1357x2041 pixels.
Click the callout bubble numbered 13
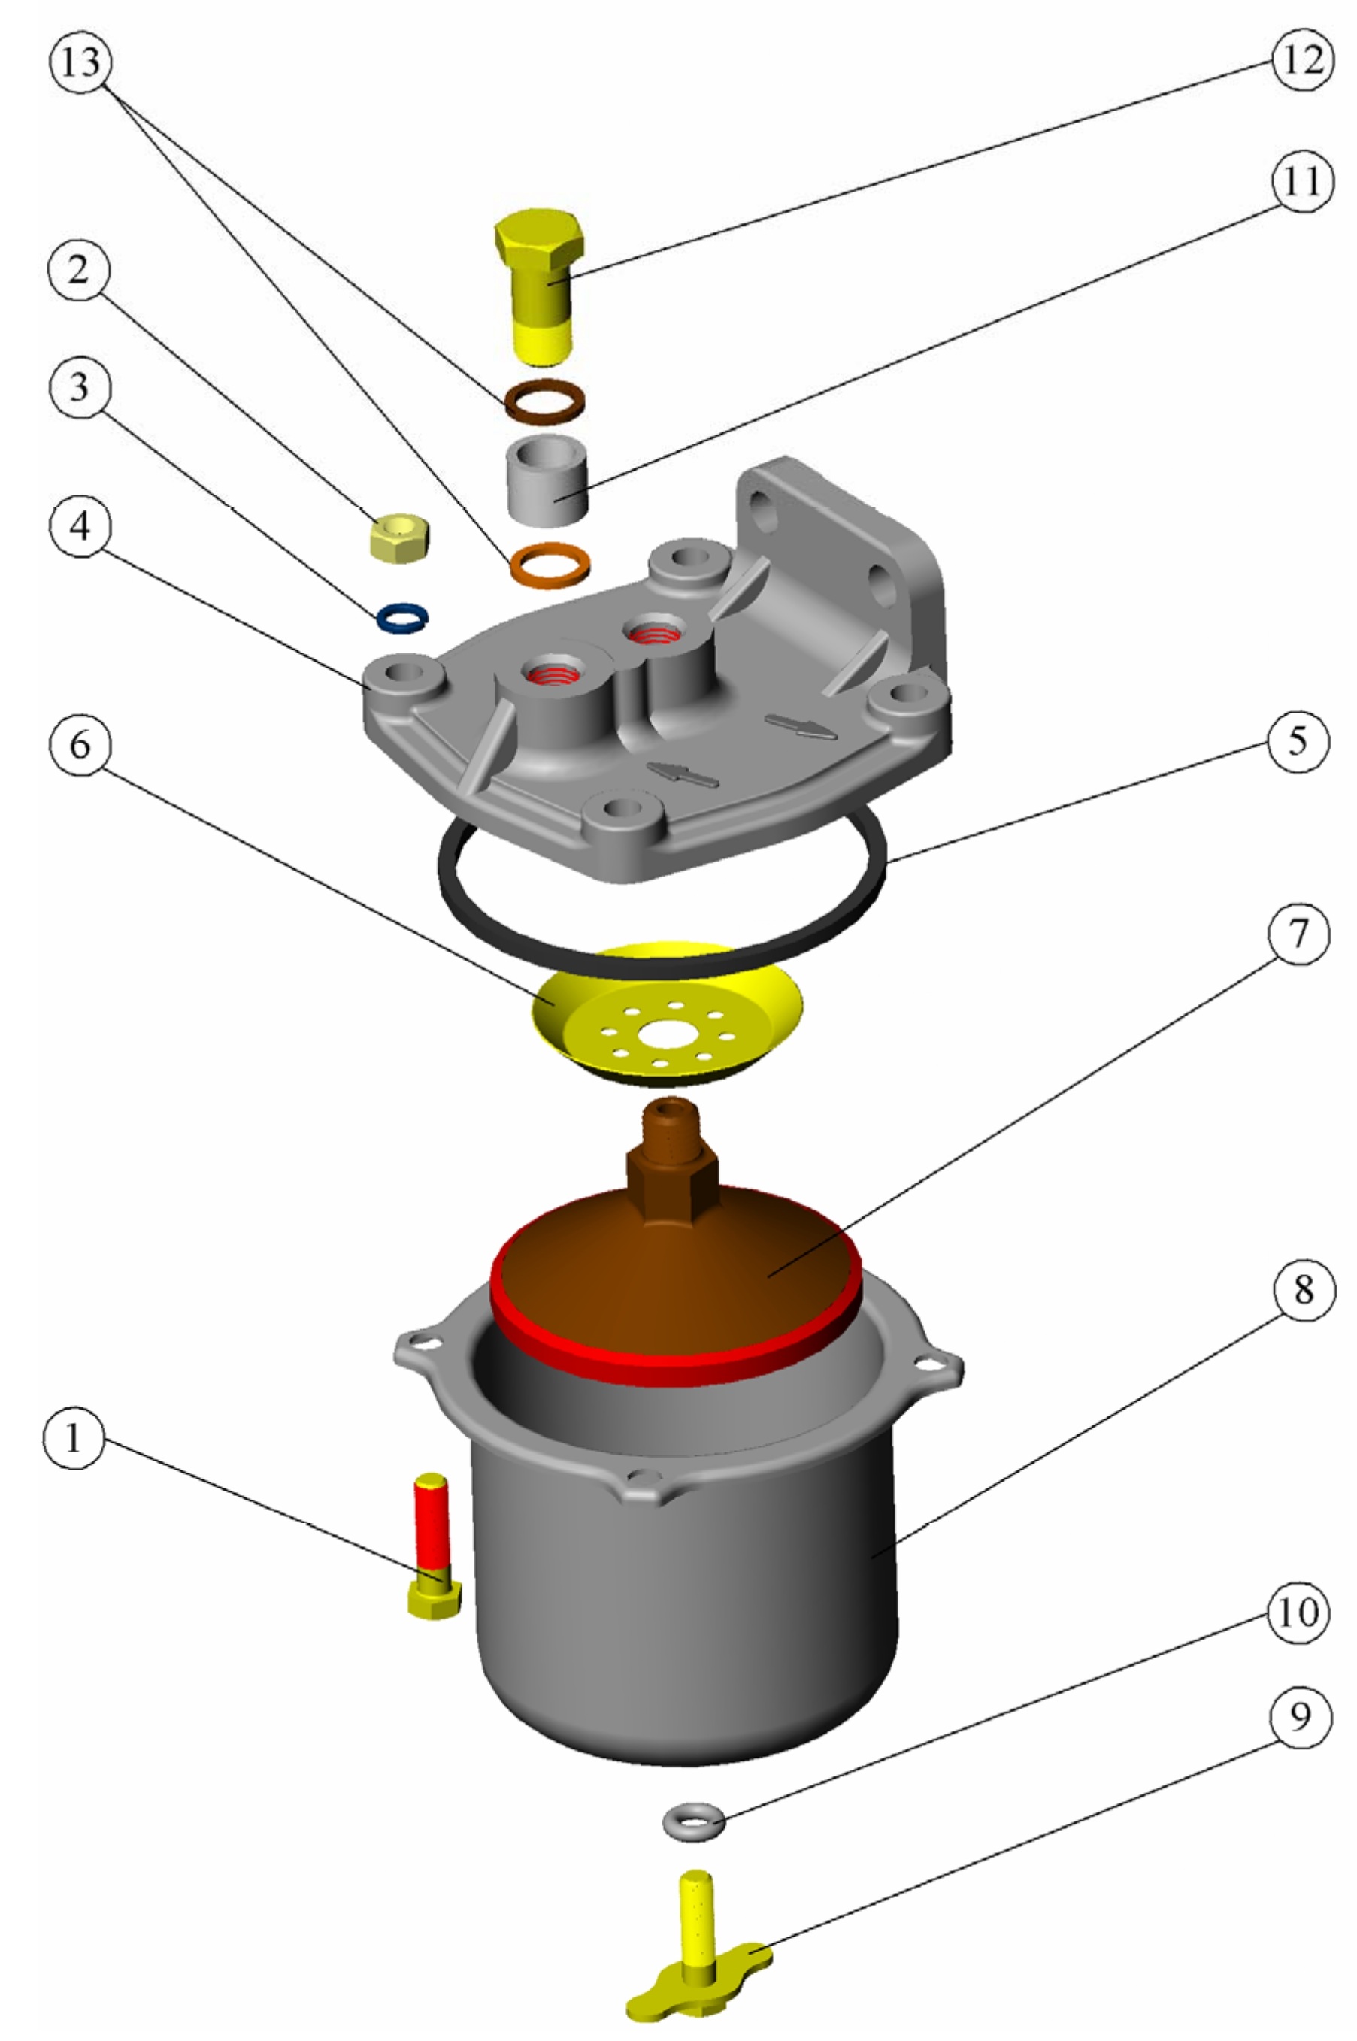pos(81,62)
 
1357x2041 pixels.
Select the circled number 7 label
pos(1298,934)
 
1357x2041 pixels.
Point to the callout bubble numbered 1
pos(74,1438)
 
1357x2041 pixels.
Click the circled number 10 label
pos(1298,1612)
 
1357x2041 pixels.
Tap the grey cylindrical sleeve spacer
pos(548,480)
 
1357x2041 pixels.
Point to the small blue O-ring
pos(402,618)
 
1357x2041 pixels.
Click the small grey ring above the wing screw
pos(694,1823)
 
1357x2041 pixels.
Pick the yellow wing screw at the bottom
pos(698,1951)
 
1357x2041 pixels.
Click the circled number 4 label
pos(80,524)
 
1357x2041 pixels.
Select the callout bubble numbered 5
pos(1298,740)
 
